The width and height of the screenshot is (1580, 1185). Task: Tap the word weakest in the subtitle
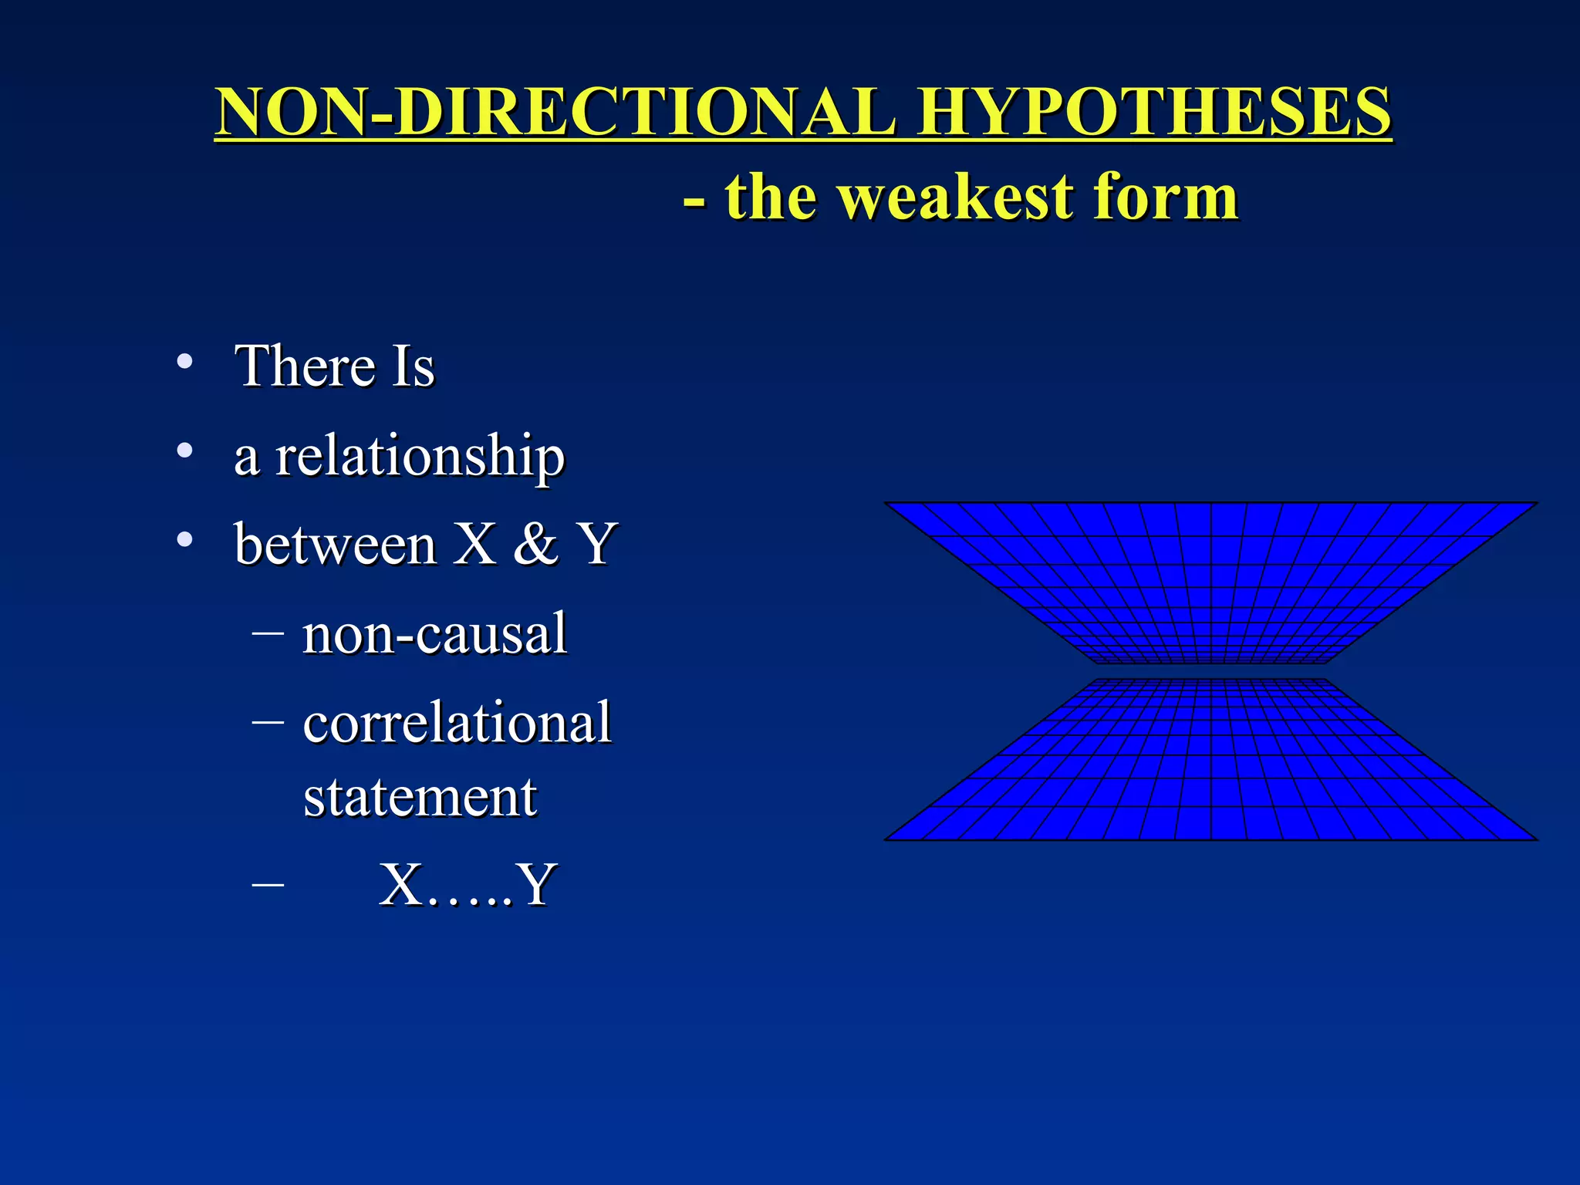(x=956, y=197)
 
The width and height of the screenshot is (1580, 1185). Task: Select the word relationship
(x=420, y=457)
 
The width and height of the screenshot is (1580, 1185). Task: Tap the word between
(x=336, y=545)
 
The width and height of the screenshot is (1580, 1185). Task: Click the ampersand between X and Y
(x=535, y=545)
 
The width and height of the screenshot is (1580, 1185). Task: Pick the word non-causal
(x=434, y=634)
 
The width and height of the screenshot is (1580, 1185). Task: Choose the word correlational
(x=457, y=723)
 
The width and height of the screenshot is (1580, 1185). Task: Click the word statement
(x=420, y=797)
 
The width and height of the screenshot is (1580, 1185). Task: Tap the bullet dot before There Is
(x=184, y=361)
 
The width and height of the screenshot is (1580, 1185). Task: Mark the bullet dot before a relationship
(x=184, y=451)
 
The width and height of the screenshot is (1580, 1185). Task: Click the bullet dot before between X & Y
(x=184, y=539)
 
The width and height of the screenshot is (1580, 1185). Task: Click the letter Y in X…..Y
(x=536, y=885)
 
